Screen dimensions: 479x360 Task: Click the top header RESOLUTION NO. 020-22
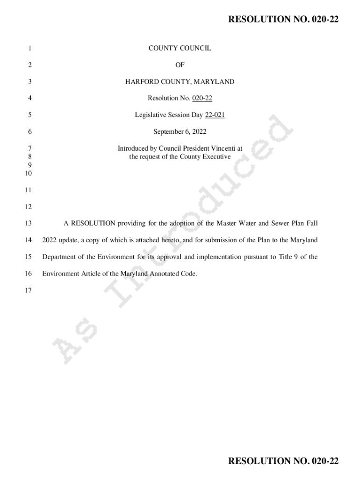point(283,19)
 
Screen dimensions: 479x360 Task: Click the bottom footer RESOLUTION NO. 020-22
point(283,461)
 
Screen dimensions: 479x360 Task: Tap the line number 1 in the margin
point(29,48)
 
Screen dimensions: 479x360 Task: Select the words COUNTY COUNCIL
point(180,48)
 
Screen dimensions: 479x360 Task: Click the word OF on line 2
point(180,65)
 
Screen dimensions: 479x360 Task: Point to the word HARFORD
point(141,82)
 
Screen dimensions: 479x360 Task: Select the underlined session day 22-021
point(215,115)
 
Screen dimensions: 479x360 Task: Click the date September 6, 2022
point(180,132)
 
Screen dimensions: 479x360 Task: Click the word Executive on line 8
point(216,157)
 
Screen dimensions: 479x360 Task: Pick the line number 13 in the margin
point(28,224)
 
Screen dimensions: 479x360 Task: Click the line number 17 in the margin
point(28,290)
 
